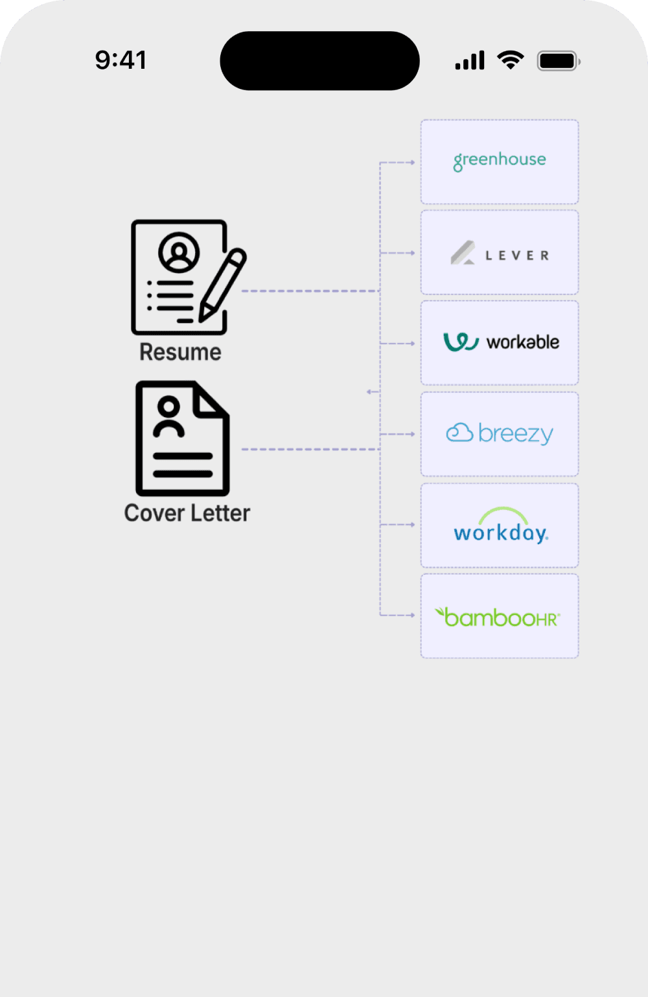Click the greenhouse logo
click(500, 160)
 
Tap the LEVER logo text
click(517, 256)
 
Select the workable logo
click(501, 342)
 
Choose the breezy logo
click(500, 433)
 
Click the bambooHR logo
click(498, 617)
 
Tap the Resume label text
click(180, 352)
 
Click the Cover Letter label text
click(187, 513)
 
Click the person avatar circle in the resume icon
click(179, 252)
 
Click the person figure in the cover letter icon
click(169, 418)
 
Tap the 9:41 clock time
click(121, 60)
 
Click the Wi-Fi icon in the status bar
click(511, 60)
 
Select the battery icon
click(558, 61)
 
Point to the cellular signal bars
click(470, 61)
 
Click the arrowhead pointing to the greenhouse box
click(412, 162)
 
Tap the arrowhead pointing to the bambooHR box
click(412, 615)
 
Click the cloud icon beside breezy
click(459, 433)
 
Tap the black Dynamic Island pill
click(319, 61)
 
